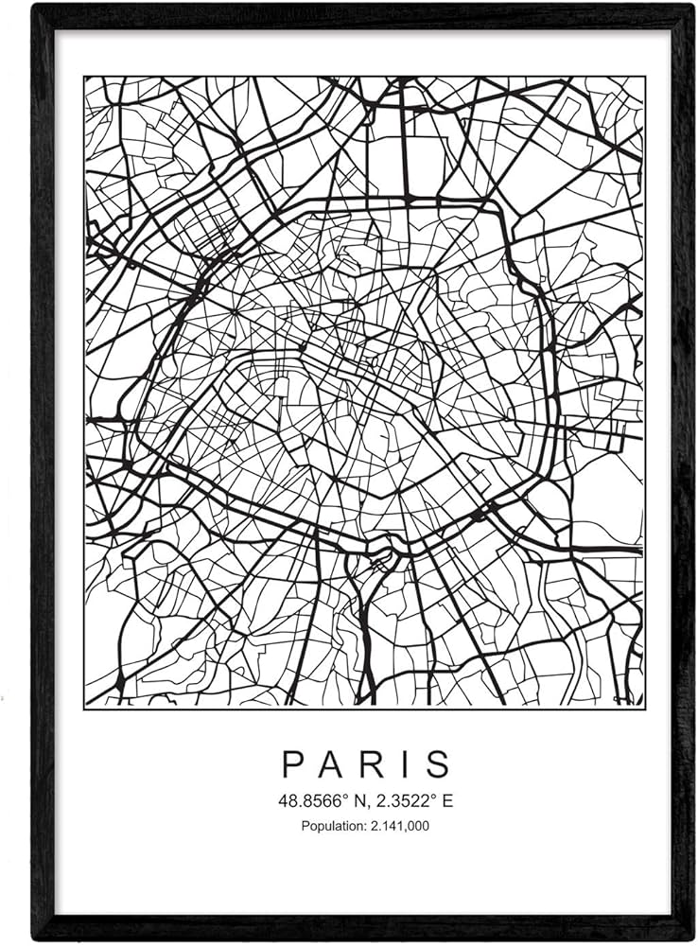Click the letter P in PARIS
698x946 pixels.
tap(290, 762)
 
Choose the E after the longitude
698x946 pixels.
tap(447, 801)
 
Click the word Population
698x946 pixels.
tap(332, 826)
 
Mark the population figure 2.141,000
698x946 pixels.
tap(400, 826)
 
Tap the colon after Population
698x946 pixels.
tap(365, 826)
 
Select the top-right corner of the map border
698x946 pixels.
tap(644, 77)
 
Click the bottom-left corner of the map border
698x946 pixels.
tap(84, 707)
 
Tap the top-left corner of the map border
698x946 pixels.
tap(84, 77)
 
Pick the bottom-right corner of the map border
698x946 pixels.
tap(644, 707)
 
